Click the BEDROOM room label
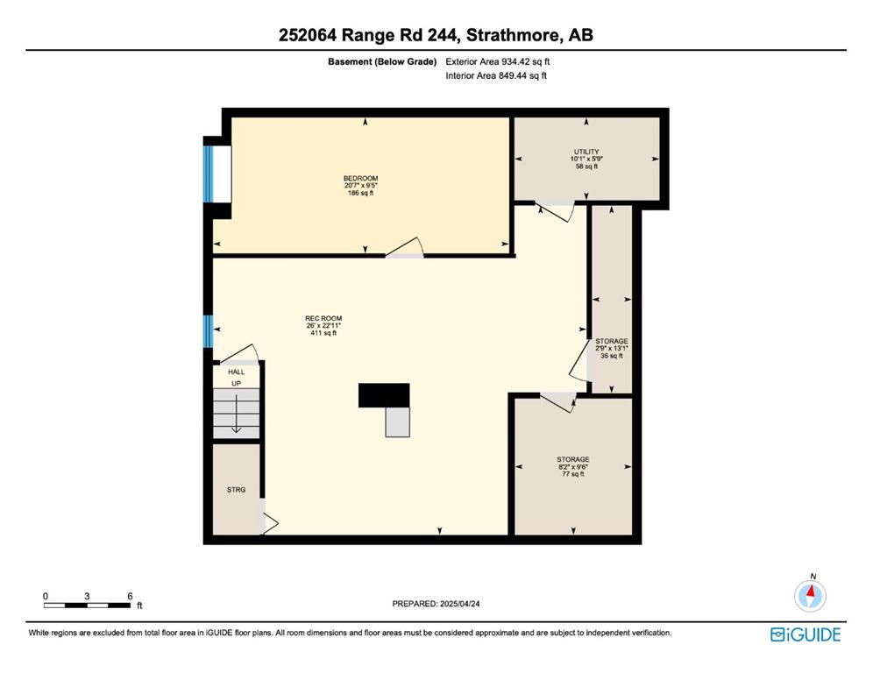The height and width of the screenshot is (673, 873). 360,178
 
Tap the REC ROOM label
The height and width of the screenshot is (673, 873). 323,318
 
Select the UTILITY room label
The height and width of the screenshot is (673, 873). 586,152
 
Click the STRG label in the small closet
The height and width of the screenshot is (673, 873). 236,490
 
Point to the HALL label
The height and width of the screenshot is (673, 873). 236,372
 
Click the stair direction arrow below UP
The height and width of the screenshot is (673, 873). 236,413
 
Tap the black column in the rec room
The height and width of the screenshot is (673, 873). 384,395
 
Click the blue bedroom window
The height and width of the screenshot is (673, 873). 209,174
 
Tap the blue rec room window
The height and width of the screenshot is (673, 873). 208,331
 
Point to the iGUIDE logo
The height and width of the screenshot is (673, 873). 806,634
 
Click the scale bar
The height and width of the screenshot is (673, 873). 88,606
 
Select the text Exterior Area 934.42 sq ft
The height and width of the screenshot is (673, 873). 497,62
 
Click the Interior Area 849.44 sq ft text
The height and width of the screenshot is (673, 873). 496,75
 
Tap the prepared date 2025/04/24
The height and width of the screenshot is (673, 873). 459,604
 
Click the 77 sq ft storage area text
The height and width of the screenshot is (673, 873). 573,474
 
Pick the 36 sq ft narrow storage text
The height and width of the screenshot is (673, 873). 611,356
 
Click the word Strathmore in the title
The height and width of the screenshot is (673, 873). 512,35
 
